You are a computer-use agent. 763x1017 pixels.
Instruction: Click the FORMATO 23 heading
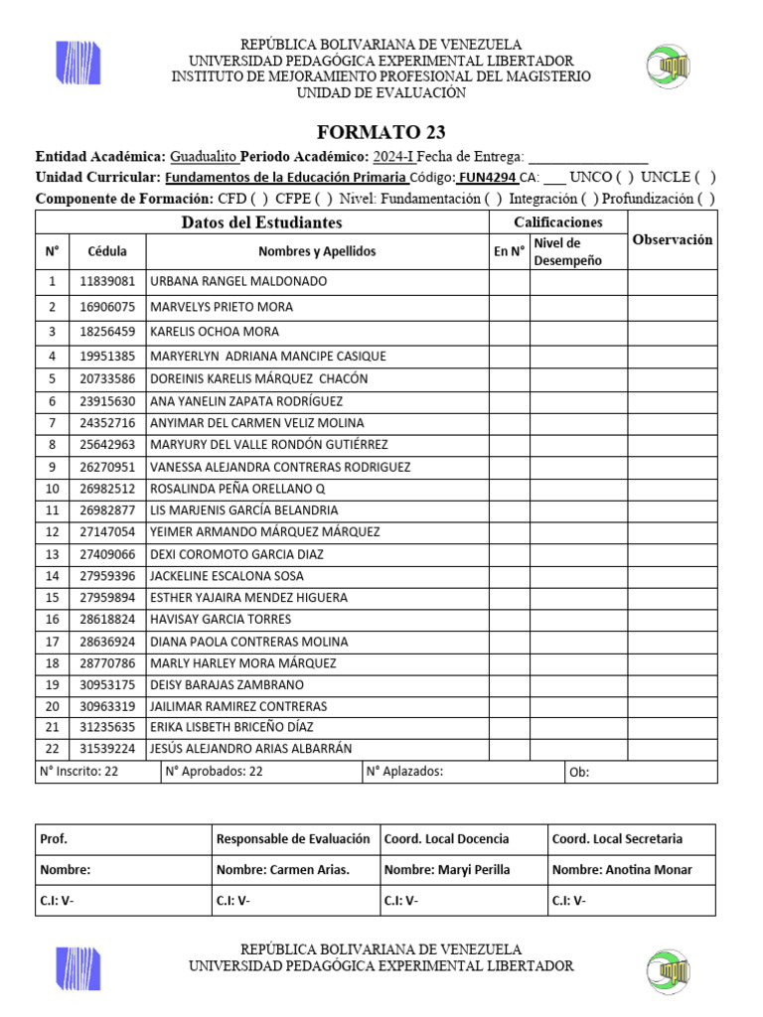click(x=381, y=132)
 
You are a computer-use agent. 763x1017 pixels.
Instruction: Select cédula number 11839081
click(x=107, y=282)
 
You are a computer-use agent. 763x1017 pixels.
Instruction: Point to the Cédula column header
click(x=107, y=252)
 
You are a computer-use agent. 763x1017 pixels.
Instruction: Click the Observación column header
click(x=672, y=240)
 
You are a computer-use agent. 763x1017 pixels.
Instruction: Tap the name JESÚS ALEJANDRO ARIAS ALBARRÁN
click(x=250, y=749)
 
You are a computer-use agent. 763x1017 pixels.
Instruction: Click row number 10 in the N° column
click(x=52, y=489)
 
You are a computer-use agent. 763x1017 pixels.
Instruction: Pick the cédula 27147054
click(x=107, y=532)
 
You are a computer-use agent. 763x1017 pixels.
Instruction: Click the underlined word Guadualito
click(x=203, y=157)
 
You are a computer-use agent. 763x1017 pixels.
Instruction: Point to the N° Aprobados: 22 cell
click(x=215, y=772)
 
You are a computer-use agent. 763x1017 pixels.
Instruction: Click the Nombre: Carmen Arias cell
click(x=282, y=870)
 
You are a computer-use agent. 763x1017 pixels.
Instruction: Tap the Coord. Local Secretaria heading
click(x=617, y=839)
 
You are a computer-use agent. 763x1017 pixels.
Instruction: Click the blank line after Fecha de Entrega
click(x=588, y=157)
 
